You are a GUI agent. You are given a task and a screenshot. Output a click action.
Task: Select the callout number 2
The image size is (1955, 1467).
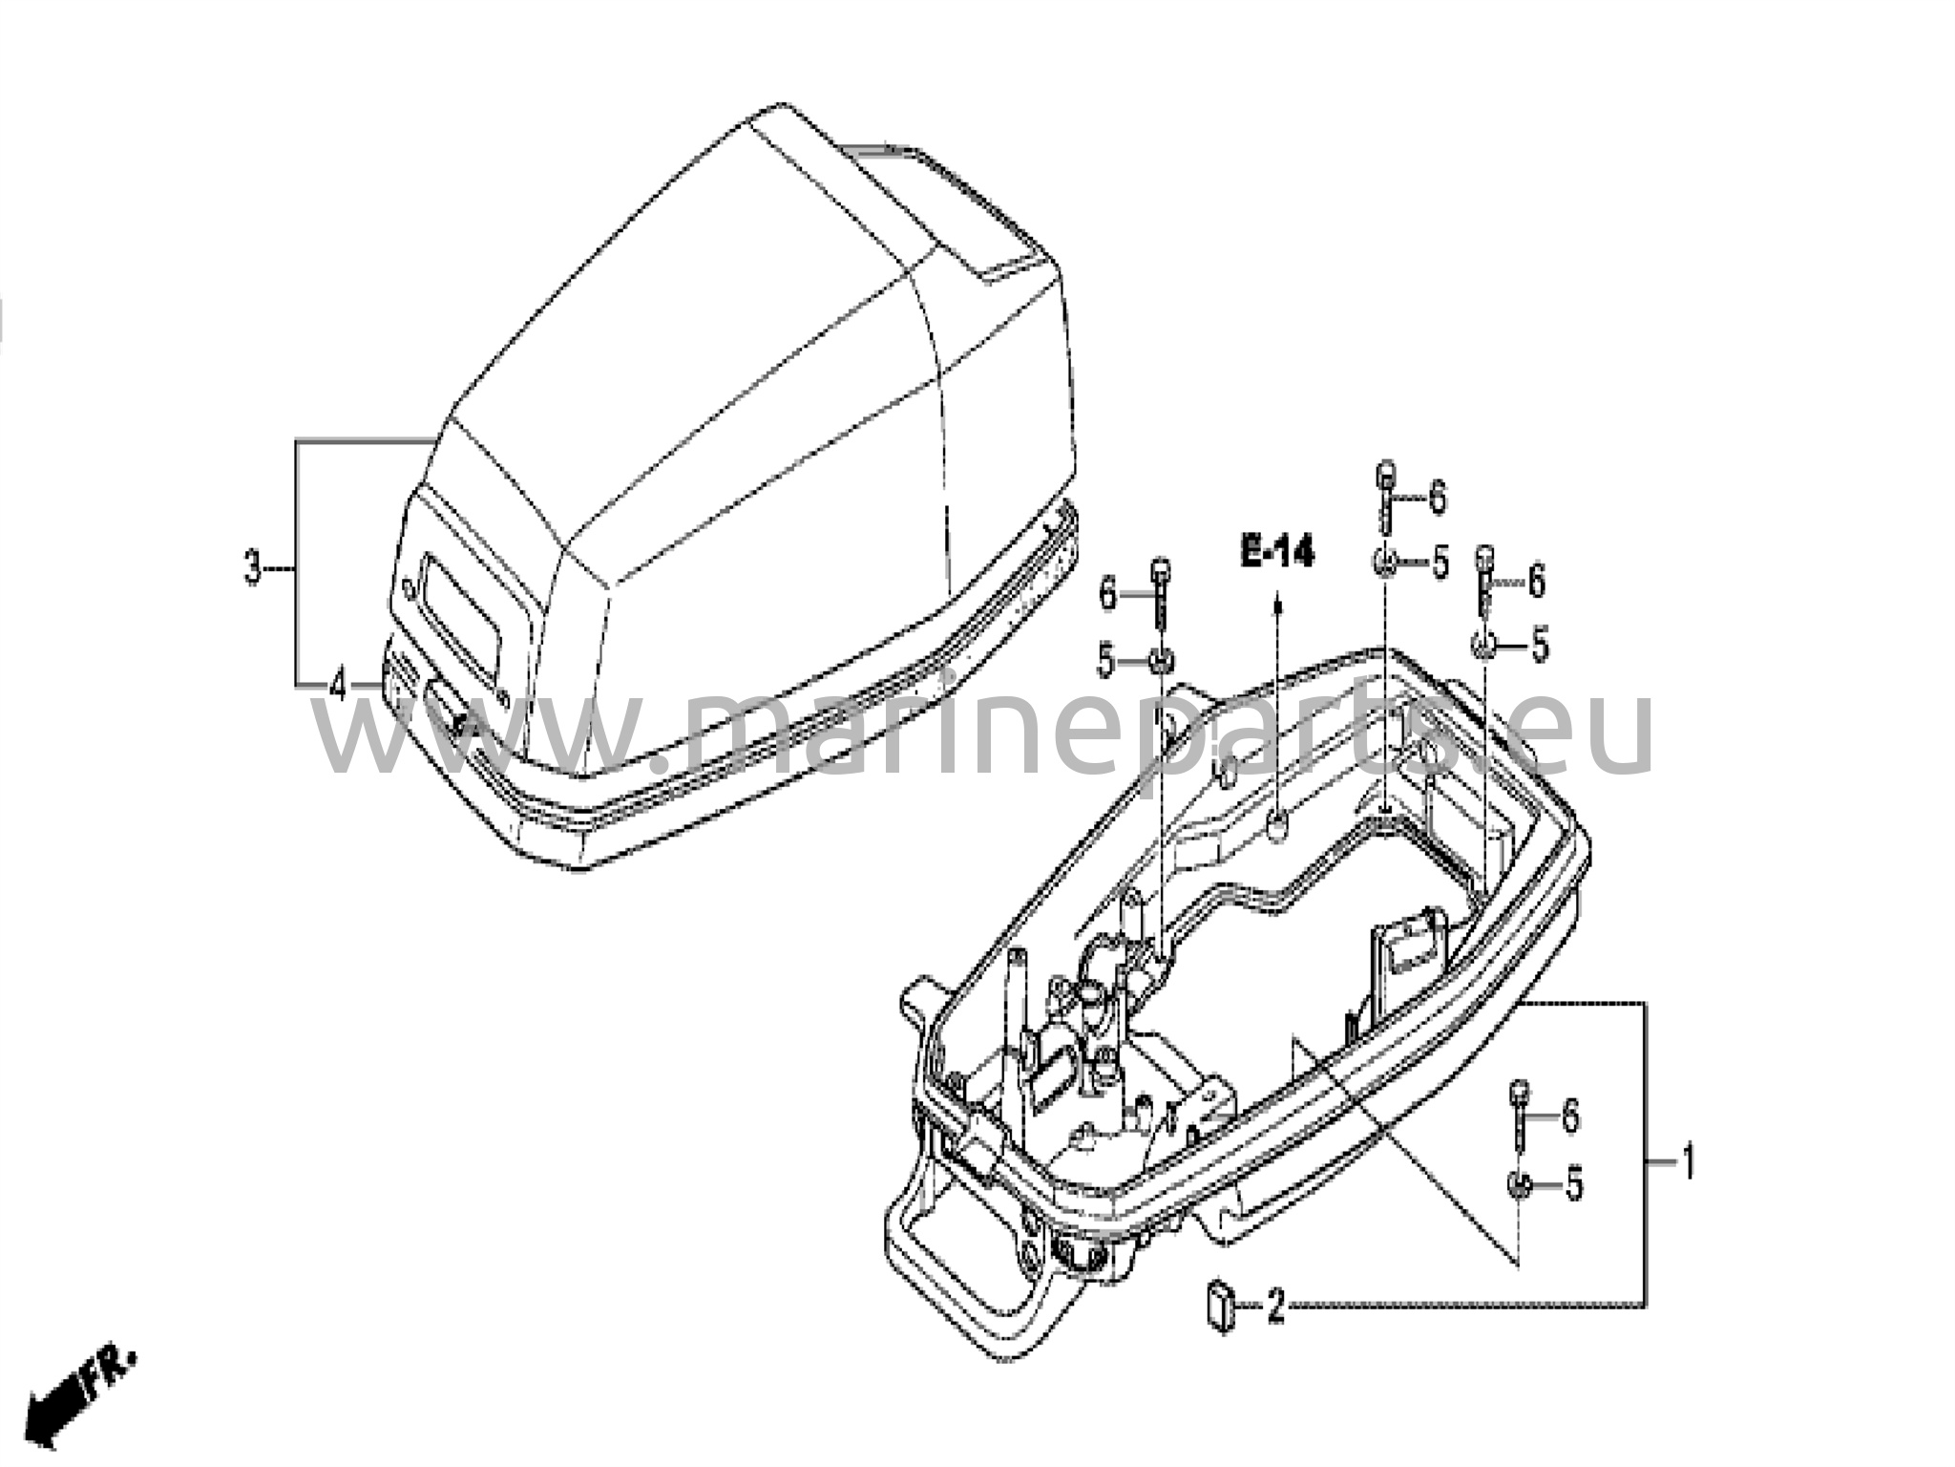tap(1275, 1305)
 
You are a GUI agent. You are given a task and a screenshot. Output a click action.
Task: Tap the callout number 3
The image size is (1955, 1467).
tap(252, 569)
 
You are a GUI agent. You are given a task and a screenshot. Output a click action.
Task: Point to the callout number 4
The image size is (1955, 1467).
tap(337, 684)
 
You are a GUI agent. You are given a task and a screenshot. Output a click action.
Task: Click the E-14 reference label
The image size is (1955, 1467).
tap(1277, 552)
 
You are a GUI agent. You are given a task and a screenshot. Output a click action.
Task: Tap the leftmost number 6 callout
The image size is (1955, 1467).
tap(1108, 594)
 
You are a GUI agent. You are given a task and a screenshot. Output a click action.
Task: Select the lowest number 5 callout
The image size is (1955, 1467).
tap(1572, 1185)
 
